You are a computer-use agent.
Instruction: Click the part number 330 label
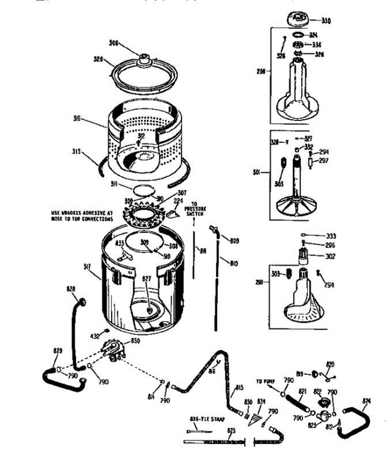click(326, 21)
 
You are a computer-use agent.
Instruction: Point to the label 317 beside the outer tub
click(87, 267)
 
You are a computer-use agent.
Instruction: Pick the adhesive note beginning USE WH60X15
click(82, 216)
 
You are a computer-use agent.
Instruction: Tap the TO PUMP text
click(265, 381)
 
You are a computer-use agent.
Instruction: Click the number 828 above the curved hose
click(71, 290)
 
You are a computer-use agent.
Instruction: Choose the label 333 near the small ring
click(331, 236)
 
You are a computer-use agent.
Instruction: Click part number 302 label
click(330, 256)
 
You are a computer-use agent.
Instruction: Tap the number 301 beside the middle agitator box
click(257, 173)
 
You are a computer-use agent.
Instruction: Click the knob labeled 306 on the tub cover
click(145, 58)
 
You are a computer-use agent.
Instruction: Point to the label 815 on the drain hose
click(239, 389)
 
